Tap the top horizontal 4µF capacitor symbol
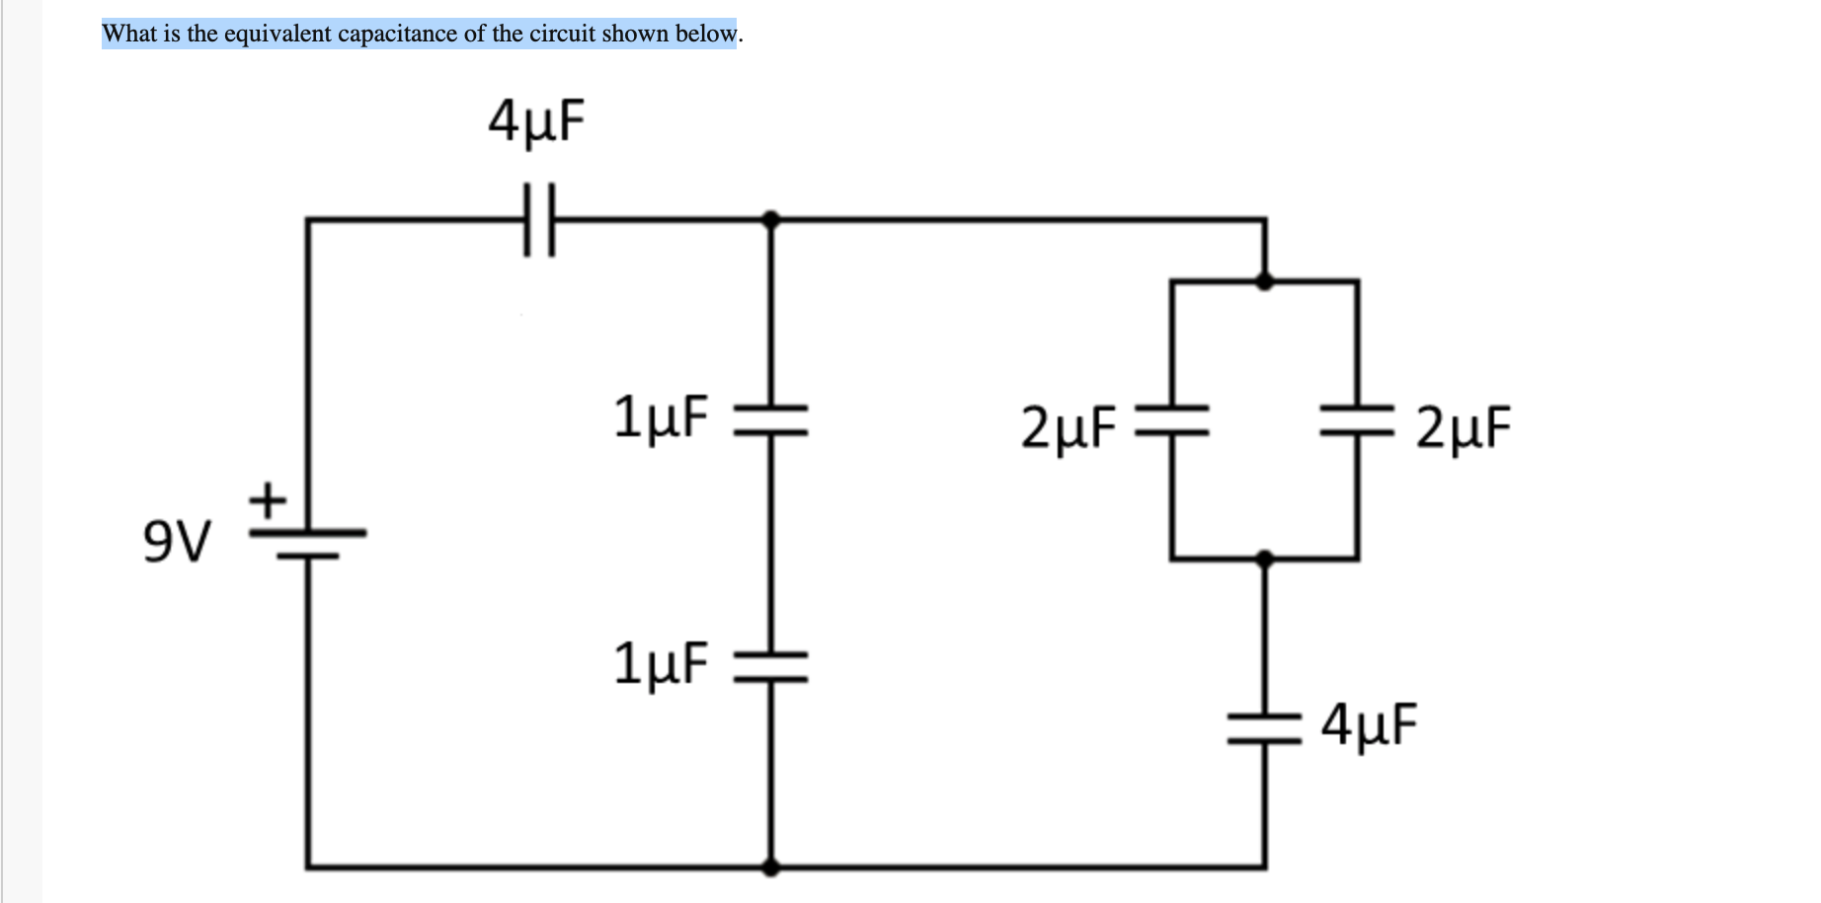click(539, 219)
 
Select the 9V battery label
click(176, 542)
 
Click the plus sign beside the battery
click(267, 499)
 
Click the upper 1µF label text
click(660, 416)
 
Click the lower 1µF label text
click(660, 663)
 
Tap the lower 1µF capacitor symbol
click(771, 666)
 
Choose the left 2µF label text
click(1069, 427)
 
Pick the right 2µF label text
click(1463, 427)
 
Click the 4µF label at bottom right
click(1370, 725)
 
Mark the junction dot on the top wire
click(771, 219)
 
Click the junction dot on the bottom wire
click(771, 867)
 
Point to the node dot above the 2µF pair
click(1264, 281)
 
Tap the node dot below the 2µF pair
click(1264, 560)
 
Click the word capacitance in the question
click(397, 34)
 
